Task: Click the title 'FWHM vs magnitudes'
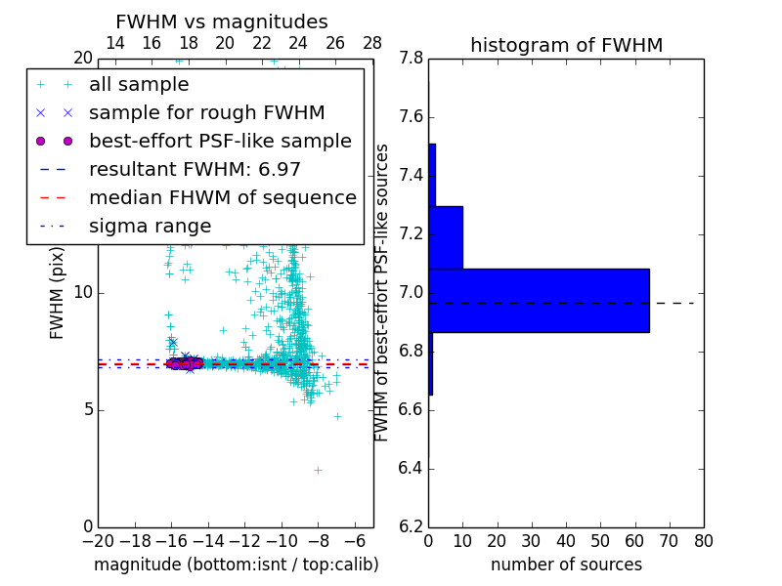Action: click(222, 22)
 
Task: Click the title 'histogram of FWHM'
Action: click(566, 45)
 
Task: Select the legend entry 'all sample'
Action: click(139, 85)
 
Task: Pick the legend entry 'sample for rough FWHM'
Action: click(206, 113)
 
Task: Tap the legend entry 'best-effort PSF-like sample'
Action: click(220, 142)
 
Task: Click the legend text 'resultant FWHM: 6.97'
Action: click(195, 170)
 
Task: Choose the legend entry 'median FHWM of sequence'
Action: click(222, 198)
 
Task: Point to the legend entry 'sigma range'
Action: click(150, 227)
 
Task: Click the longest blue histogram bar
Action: click(539, 301)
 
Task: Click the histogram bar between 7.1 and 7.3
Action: click(446, 237)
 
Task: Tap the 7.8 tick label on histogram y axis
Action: click(411, 59)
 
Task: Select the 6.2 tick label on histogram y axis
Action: click(411, 526)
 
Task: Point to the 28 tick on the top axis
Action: click(372, 43)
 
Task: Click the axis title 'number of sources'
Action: click(566, 565)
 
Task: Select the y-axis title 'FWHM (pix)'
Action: click(58, 293)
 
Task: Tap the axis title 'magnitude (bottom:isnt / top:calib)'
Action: click(236, 565)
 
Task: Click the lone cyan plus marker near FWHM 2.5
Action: click(318, 470)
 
